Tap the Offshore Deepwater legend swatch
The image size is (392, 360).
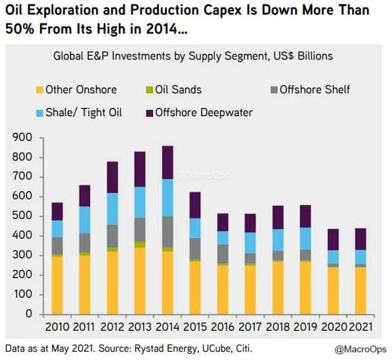pyautogui.click(x=150, y=113)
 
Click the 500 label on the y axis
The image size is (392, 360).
pyautogui.click(x=22, y=216)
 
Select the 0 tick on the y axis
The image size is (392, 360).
pyautogui.click(x=30, y=314)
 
